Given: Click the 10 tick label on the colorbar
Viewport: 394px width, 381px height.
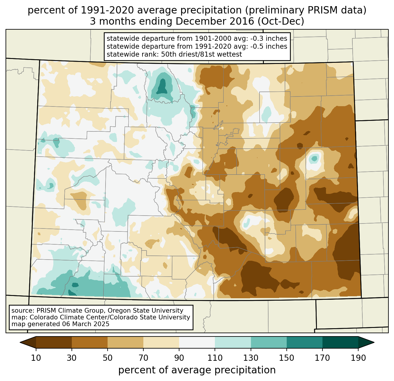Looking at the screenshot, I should click(x=36, y=358).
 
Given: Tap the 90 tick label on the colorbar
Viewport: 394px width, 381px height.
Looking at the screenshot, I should click(x=179, y=358).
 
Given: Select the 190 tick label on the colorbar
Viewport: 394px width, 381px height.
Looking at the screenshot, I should click(x=358, y=358).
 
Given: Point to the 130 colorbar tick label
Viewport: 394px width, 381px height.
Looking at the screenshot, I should click(x=251, y=358).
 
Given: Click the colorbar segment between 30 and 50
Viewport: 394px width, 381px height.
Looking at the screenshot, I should click(x=90, y=342).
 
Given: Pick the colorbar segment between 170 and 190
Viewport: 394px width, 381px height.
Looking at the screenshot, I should click(x=340, y=342).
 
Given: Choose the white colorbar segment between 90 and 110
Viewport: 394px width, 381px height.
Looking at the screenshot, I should click(x=197, y=342).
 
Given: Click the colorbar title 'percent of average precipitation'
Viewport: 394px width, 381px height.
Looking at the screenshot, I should click(x=197, y=370).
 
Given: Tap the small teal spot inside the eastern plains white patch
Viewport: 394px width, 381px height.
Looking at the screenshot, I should click(x=314, y=159).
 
